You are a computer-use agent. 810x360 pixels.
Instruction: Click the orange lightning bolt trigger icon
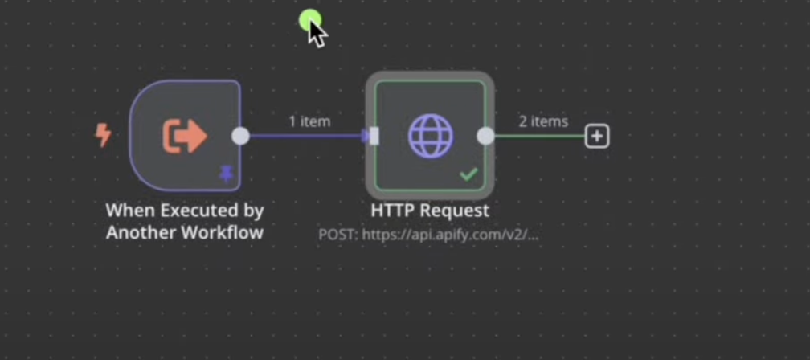[x=103, y=134]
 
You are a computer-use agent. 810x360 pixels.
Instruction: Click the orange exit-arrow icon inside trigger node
[x=185, y=136]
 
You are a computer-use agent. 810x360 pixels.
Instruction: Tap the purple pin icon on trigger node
[x=227, y=172]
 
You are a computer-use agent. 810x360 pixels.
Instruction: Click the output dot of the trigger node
[x=240, y=136]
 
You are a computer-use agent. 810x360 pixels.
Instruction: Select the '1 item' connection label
[x=309, y=121]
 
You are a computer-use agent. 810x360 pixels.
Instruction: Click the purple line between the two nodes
[x=305, y=136]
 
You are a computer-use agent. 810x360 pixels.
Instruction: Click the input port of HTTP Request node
[x=374, y=136]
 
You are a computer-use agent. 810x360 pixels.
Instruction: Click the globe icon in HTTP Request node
[x=431, y=135]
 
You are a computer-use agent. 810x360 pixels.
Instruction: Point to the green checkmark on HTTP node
[x=468, y=173]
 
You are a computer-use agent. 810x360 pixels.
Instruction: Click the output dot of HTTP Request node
[x=485, y=136]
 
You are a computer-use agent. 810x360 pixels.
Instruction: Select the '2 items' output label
[x=543, y=121]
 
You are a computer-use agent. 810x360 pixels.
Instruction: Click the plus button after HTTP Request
[x=596, y=136]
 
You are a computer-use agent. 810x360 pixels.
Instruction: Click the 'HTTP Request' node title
[x=430, y=211]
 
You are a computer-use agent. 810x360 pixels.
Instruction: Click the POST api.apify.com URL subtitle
[x=428, y=235]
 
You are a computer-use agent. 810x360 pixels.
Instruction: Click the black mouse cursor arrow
[x=317, y=33]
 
